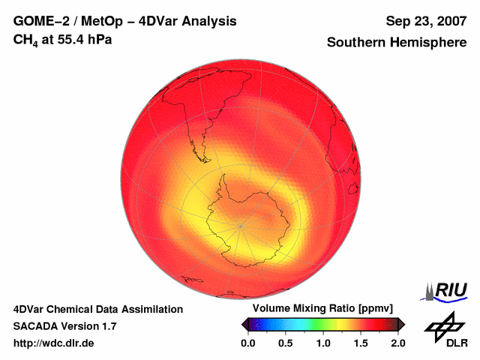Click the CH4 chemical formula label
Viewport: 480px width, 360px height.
[27, 40]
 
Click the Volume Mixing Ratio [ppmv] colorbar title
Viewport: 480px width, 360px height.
[322, 309]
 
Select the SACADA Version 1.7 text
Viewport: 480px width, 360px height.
[64, 326]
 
